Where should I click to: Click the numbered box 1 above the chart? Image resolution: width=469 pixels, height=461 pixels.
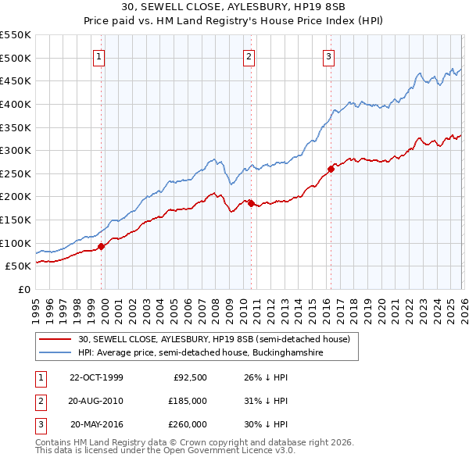click(100, 56)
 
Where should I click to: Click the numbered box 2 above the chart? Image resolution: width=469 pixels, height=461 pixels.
click(249, 56)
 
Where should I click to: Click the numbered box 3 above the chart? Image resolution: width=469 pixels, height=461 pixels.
click(329, 56)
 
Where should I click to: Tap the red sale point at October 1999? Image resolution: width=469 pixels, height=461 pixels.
click(102, 246)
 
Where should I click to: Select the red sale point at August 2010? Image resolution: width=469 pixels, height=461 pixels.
click(251, 203)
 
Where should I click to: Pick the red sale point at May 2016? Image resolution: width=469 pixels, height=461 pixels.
click(331, 168)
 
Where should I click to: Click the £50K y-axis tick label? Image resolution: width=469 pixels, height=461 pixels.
click(19, 266)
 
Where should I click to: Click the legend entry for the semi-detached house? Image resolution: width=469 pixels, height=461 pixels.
click(218, 340)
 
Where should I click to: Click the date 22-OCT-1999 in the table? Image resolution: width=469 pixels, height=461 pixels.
click(96, 377)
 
